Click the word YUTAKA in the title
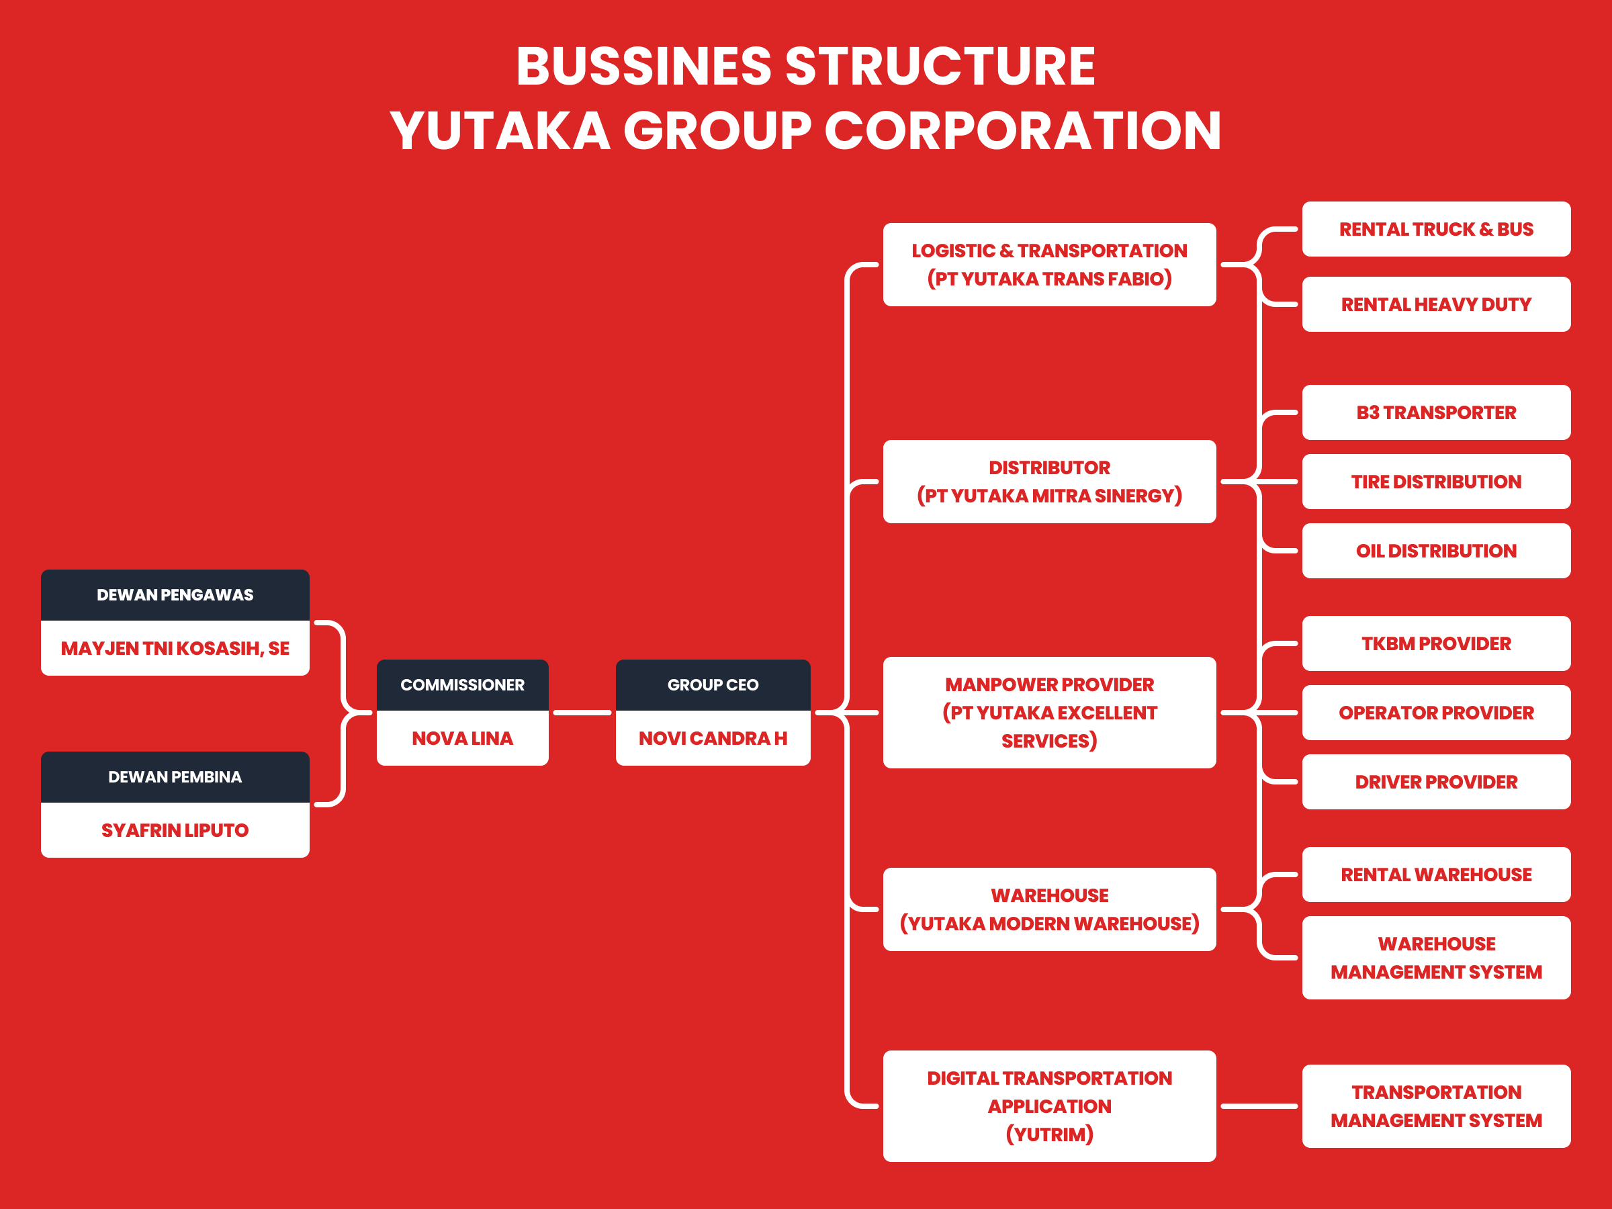(500, 131)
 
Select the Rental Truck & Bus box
(1435, 229)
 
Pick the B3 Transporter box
(1435, 412)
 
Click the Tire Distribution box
(1435, 482)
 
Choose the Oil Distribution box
(1435, 551)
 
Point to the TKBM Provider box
(1435, 643)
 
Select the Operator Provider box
(1435, 713)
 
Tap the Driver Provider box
(1435, 782)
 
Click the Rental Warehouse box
(1435, 875)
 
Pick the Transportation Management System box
(1435, 1106)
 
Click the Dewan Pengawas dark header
(175, 594)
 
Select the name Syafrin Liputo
(175, 830)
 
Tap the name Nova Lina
(462, 738)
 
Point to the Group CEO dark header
(713, 685)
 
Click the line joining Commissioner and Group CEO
(582, 713)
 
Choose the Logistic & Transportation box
(1049, 265)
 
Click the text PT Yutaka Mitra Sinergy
(1049, 496)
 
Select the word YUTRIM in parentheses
(1049, 1134)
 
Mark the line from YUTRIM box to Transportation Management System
(1259, 1106)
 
